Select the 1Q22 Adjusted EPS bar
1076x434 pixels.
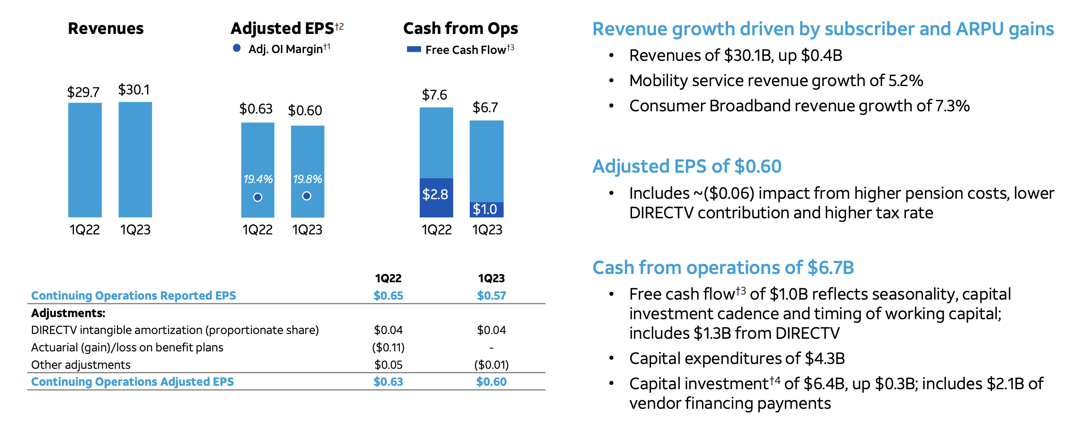[257, 152]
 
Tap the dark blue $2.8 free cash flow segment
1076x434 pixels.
[436, 198]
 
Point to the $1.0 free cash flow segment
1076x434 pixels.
[486, 210]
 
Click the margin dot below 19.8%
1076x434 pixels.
[307, 196]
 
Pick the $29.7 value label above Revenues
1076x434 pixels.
[83, 92]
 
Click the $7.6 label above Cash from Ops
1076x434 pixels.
[434, 95]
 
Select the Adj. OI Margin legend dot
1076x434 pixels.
[237, 48]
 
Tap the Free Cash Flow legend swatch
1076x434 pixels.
[414, 50]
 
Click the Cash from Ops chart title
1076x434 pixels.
[461, 28]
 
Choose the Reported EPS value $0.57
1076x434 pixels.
[491, 296]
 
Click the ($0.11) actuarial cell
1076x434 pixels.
[388, 347]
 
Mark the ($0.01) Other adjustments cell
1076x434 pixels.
[491, 364]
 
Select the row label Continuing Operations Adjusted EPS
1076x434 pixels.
[132, 382]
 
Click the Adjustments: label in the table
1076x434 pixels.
[68, 313]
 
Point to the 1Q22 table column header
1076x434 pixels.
[388, 278]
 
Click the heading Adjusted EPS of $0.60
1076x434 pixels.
[687, 167]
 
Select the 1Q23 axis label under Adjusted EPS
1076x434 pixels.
[307, 230]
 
